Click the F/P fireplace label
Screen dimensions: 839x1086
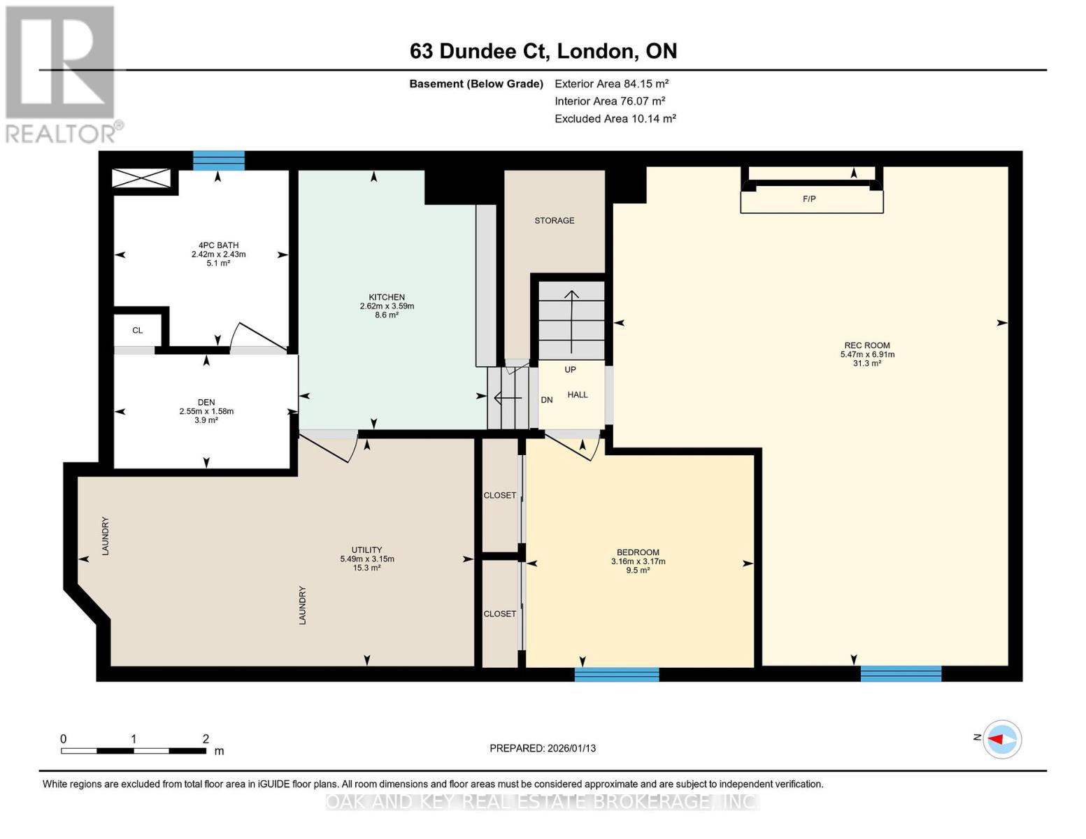pos(809,199)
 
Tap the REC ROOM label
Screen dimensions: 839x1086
pos(866,345)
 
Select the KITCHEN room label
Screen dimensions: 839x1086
pos(387,297)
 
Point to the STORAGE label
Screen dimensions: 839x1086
pos(554,220)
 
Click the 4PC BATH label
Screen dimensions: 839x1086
pos(218,245)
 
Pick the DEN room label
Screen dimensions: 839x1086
pos(206,402)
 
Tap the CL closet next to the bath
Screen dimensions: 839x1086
pos(137,331)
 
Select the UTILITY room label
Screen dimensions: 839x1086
pos(366,550)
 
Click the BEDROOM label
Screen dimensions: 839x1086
pos(638,552)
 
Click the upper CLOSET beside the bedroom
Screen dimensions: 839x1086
pos(499,496)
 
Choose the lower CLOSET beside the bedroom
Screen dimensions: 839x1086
pos(499,614)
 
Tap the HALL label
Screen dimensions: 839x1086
pos(577,395)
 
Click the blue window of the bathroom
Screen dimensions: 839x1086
pos(219,161)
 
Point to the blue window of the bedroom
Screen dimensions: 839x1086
pos(616,675)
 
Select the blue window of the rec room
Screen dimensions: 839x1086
pos(900,674)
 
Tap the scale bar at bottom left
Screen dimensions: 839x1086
pos(133,751)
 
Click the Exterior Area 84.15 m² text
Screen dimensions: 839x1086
pos(611,84)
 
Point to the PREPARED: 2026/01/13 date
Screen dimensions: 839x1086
pos(542,748)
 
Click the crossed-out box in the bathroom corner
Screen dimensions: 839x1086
pos(141,178)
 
